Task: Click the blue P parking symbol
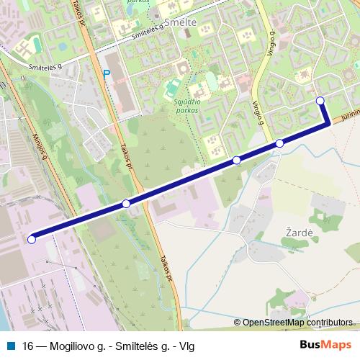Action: tap(107, 73)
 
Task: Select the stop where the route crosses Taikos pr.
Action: tap(126, 204)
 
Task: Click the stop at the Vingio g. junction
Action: tap(279, 143)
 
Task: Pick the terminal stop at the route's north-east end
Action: tap(320, 101)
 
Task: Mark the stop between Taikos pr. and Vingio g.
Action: tap(236, 160)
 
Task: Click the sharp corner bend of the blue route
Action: tap(328, 124)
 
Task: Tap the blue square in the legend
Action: tap(11, 344)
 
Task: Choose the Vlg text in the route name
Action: tap(186, 344)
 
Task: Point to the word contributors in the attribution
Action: tap(328, 323)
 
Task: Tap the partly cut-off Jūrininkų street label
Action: tap(348, 116)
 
